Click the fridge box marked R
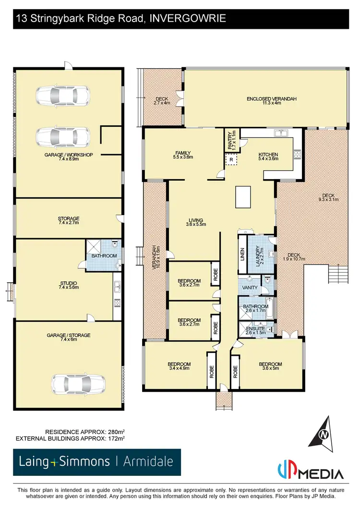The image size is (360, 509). (x=231, y=159)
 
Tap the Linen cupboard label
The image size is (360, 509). (x=242, y=254)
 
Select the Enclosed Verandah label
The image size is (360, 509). (x=271, y=101)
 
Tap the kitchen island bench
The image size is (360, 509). (x=242, y=197)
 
